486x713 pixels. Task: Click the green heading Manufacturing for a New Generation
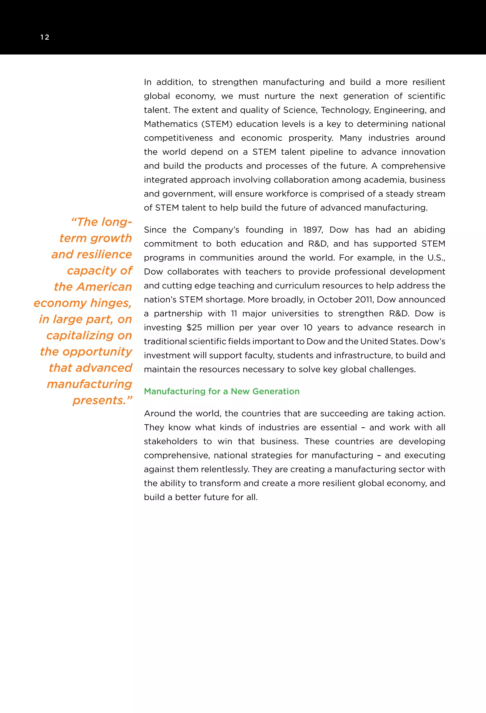221,391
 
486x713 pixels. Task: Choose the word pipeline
327,152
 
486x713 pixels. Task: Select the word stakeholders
171,441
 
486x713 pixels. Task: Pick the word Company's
216,230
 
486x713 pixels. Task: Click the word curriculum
295,286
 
